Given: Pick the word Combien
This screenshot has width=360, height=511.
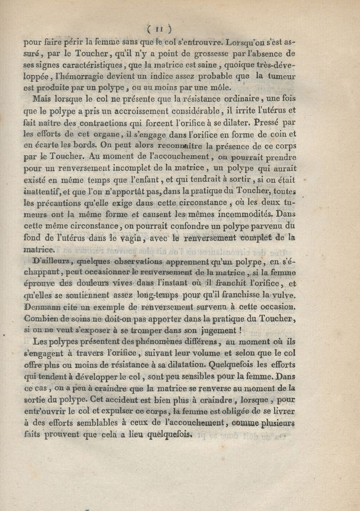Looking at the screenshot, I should click(43, 319).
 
